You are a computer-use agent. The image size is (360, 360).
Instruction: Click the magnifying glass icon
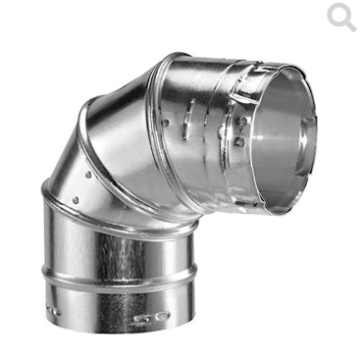coord(339,16)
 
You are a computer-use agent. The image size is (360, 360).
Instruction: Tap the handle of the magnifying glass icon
coord(349,26)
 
